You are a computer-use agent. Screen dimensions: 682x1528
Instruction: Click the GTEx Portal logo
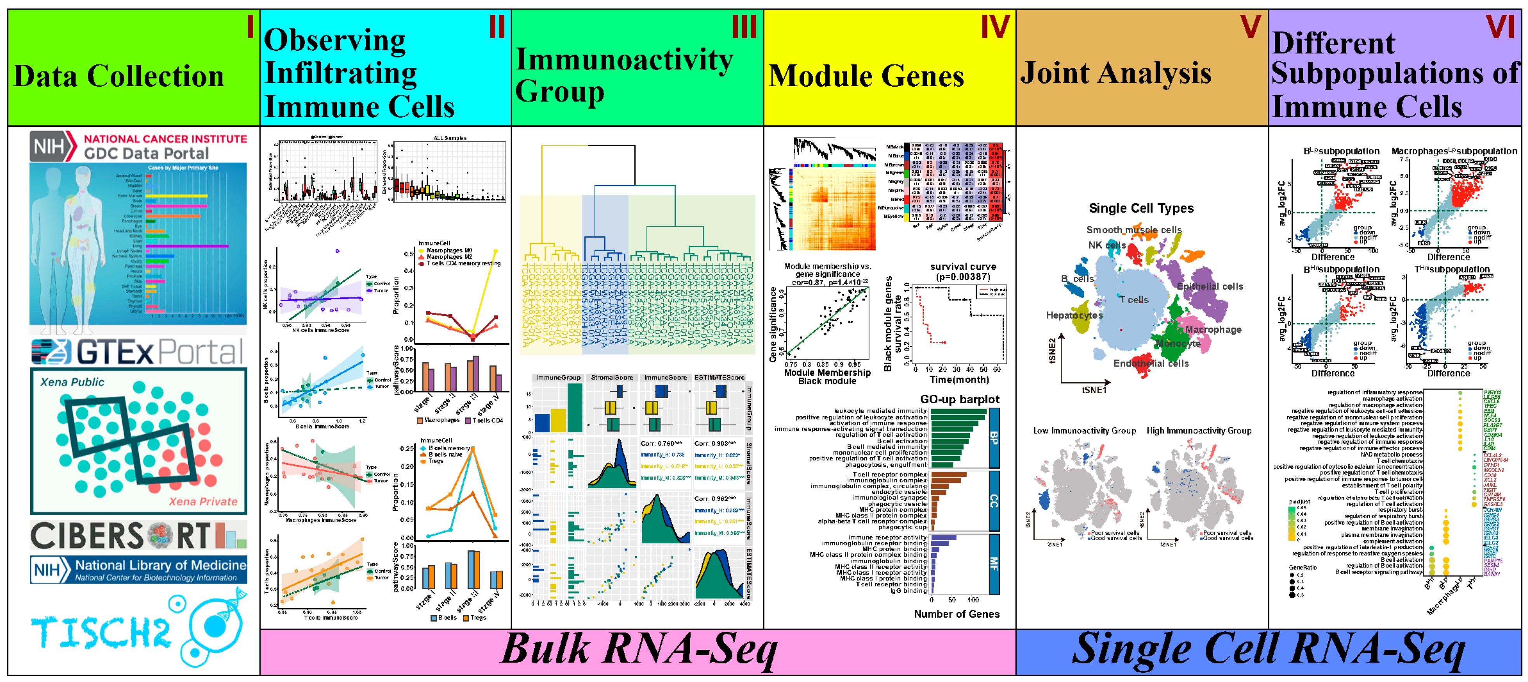[137, 352]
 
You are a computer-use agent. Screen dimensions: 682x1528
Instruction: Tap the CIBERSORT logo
[137, 536]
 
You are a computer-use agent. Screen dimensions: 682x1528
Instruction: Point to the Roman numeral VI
[1500, 27]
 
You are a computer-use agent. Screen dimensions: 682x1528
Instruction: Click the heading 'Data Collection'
[119, 76]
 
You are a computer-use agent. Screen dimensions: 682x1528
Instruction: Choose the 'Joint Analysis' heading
[1116, 73]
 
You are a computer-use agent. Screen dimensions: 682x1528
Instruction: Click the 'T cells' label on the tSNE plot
[1133, 300]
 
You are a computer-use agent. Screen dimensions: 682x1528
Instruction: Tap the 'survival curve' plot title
[963, 267]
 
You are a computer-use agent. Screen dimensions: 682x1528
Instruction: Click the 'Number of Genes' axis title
[956, 614]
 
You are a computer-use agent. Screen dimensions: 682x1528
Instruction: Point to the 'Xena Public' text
[72, 382]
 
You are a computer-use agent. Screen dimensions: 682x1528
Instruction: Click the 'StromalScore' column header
[612, 377]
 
